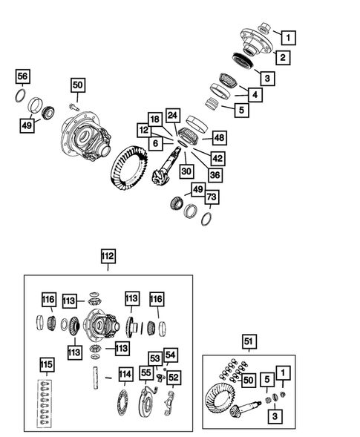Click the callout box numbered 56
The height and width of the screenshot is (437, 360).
[x=23, y=77]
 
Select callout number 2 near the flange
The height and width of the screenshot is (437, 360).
[x=284, y=57]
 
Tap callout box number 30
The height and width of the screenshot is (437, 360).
[x=186, y=170]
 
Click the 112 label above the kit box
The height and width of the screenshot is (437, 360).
[x=108, y=257]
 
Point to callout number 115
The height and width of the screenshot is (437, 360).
[x=47, y=366]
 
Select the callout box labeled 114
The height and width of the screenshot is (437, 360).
[x=125, y=375]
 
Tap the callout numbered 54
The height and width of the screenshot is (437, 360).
[x=171, y=356]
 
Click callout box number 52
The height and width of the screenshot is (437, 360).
[x=174, y=377]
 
